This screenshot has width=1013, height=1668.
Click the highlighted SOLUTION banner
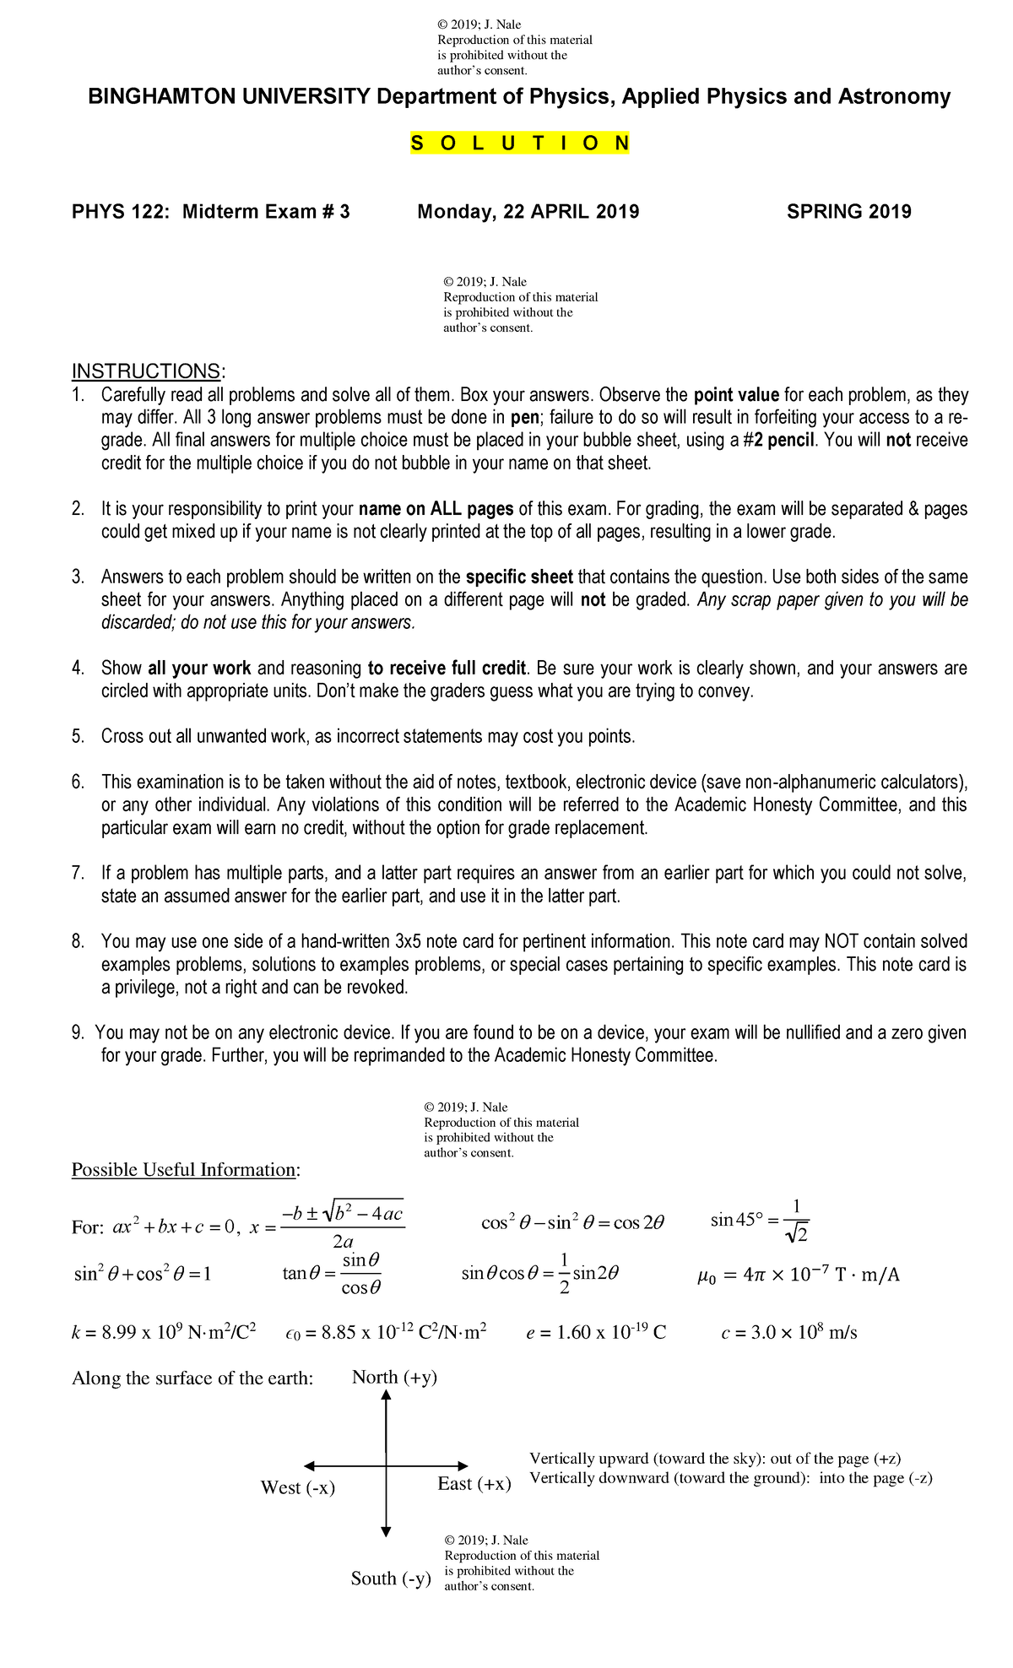tap(520, 144)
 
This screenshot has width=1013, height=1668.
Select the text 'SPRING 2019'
tap(848, 212)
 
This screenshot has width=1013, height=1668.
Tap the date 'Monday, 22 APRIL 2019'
tap(528, 212)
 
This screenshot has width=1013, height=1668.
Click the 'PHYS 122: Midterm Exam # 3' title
tap(210, 212)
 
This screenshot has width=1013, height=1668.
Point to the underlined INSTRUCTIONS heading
tap(149, 371)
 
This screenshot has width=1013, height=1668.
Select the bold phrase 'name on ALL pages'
tap(436, 509)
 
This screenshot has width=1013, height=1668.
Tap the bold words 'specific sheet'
tap(519, 577)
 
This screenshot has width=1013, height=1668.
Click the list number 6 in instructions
tap(78, 783)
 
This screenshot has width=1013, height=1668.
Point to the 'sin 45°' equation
tap(760, 1220)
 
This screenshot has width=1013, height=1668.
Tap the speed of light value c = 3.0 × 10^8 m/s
tap(788, 1333)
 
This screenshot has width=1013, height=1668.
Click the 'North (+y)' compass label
tap(394, 1378)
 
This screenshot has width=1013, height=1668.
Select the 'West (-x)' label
tap(298, 1488)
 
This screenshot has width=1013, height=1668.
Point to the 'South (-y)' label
tap(391, 1578)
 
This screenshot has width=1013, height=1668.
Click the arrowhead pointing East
tap(462, 1466)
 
